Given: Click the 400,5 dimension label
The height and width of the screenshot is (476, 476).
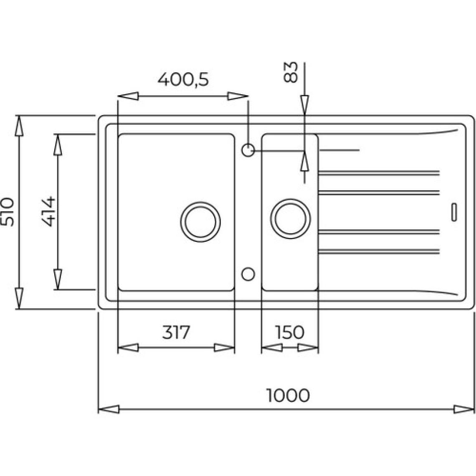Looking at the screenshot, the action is (x=183, y=79).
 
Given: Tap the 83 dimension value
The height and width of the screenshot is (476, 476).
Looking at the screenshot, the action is (x=290, y=72).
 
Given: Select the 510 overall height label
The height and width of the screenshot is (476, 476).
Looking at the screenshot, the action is (x=7, y=212).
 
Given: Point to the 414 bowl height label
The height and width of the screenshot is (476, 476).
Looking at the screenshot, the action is (x=48, y=212).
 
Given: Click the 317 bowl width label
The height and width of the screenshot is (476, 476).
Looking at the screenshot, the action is (x=176, y=332).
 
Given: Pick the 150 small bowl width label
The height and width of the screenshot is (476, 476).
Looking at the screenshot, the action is (x=289, y=332).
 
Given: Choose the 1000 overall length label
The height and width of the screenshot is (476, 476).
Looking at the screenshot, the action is (x=288, y=395).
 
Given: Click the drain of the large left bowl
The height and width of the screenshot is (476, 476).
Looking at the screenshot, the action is (x=200, y=222).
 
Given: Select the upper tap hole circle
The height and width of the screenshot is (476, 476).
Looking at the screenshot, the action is (x=248, y=150).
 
